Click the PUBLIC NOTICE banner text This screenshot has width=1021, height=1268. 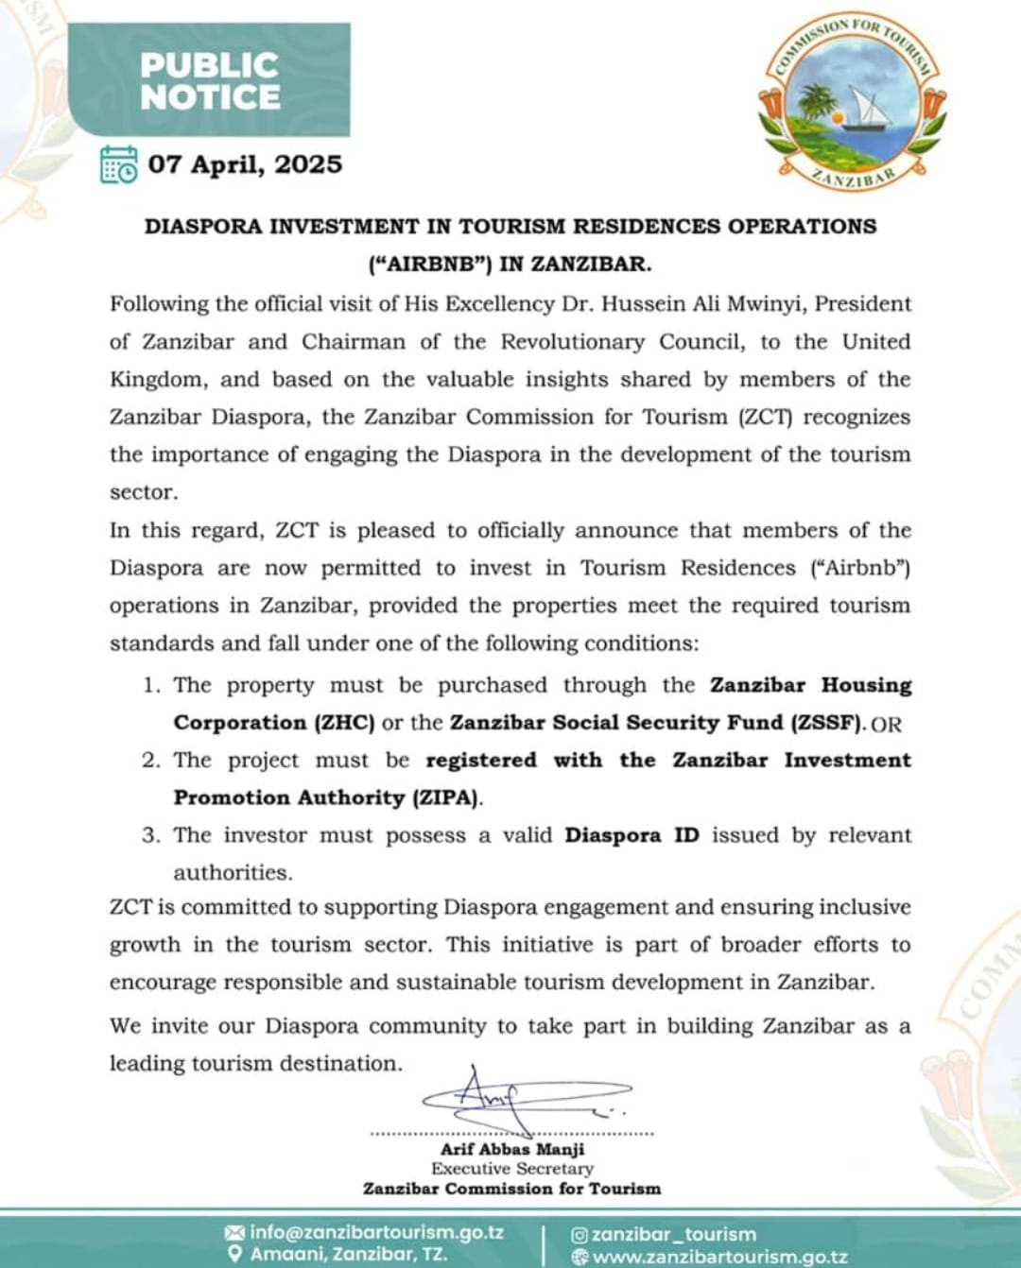(x=210, y=81)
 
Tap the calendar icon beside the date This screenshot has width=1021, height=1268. (x=119, y=164)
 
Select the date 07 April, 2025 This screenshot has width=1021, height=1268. (x=245, y=164)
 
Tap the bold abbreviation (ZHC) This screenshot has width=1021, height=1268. (x=345, y=723)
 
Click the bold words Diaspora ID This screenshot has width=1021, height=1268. (x=632, y=835)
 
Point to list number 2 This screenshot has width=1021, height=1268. (x=151, y=761)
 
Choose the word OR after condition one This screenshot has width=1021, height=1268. (x=886, y=725)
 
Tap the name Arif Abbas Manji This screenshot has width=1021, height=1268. (x=512, y=1149)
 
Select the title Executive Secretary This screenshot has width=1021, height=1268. (x=512, y=1169)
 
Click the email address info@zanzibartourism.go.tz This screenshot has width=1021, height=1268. (x=376, y=1233)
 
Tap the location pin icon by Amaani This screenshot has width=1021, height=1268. (x=234, y=1255)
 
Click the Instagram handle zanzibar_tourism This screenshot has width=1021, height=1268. (x=673, y=1234)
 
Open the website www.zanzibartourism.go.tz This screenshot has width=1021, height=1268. (x=719, y=1257)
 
